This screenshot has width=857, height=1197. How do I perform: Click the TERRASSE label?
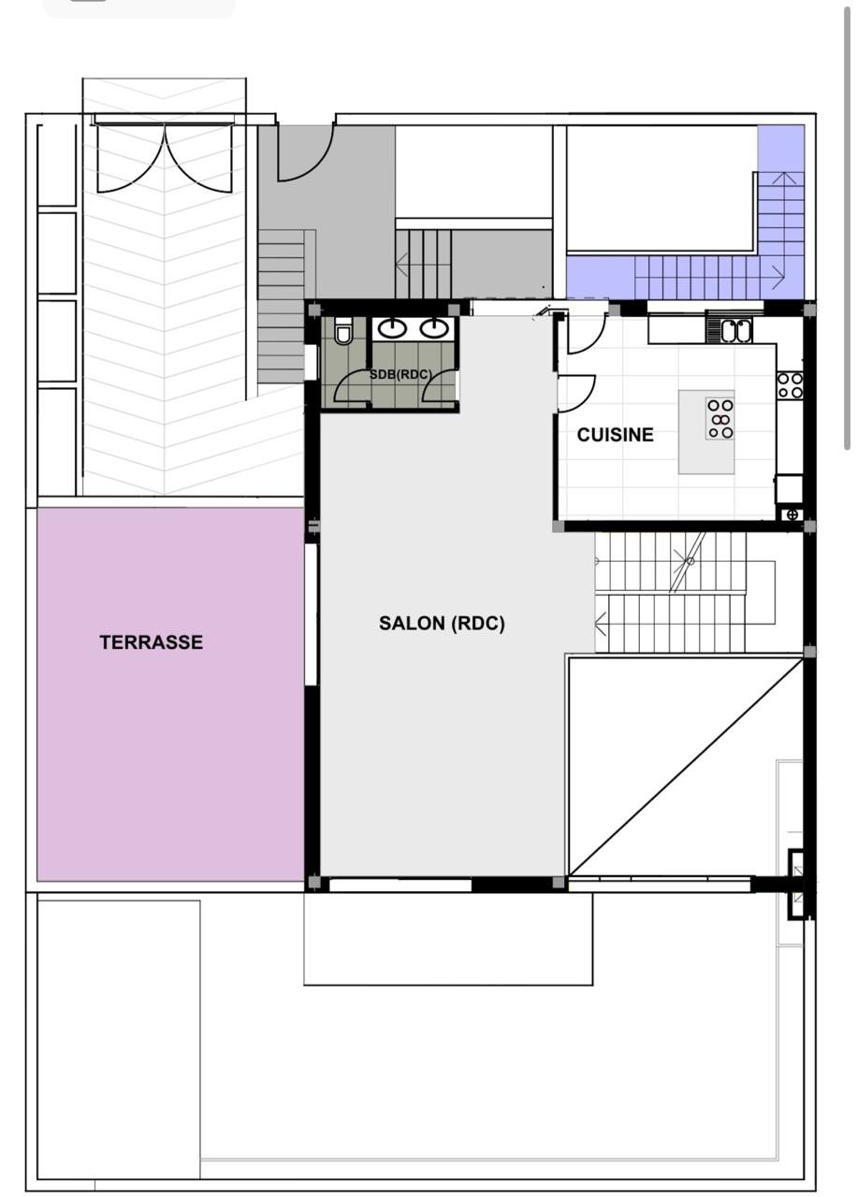[152, 642]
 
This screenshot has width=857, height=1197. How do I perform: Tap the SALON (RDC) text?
[442, 623]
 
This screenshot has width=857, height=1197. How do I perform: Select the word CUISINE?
[616, 435]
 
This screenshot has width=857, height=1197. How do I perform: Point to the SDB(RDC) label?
[400, 375]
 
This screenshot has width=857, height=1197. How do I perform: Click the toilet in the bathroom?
[342, 331]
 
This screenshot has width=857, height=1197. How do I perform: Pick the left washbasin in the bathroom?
[392, 328]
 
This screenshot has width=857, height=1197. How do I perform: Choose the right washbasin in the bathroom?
[433, 328]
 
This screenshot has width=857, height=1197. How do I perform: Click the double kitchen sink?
[736, 330]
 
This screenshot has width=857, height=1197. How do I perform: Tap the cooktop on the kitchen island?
[719, 419]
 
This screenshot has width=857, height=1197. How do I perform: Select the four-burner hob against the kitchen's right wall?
[790, 385]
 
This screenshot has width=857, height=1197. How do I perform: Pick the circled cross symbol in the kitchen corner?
[792, 514]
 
